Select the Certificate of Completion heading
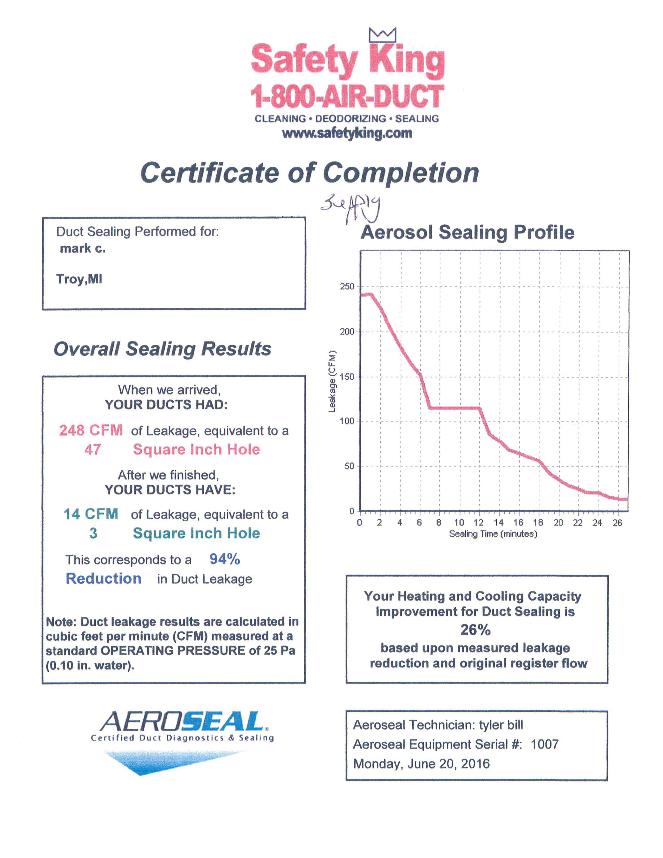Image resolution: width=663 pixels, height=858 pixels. [309, 173]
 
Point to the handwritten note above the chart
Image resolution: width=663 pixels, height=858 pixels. [351, 208]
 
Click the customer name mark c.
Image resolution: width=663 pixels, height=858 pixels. [82, 249]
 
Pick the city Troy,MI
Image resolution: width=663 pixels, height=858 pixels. [79, 279]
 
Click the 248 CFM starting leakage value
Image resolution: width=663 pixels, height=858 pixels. [91, 430]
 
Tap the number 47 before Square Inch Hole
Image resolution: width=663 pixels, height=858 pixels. [93, 450]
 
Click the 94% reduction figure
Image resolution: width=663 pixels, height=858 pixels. [224, 559]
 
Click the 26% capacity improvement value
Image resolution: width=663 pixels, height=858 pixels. [475, 630]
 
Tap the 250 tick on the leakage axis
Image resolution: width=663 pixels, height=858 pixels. [347, 287]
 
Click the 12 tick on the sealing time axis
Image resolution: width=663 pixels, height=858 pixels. [478, 523]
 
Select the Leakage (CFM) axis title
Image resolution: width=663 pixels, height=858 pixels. [332, 381]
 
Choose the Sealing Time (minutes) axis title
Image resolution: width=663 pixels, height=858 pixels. [493, 534]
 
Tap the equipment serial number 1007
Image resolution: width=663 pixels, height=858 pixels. [544, 744]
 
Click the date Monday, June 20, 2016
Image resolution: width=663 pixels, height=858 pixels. [421, 764]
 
